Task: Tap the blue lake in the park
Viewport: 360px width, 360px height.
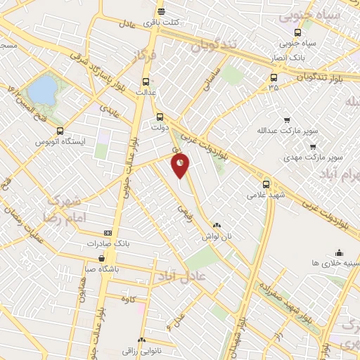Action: [41, 89]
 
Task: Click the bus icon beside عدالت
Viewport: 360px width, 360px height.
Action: [146, 81]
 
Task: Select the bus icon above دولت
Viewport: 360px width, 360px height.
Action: [160, 117]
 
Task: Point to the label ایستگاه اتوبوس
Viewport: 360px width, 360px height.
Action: [60, 141]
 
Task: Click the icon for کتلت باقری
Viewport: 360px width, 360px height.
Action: [161, 12]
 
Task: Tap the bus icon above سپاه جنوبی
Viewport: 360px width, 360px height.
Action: [297, 32]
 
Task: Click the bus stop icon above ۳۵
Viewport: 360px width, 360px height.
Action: [274, 77]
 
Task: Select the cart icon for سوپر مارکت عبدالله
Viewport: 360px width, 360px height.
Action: [286, 120]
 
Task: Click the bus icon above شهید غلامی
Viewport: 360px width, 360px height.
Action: [266, 182]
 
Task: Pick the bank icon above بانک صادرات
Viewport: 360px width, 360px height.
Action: [108, 233]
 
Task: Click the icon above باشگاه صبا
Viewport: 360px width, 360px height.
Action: [103, 258]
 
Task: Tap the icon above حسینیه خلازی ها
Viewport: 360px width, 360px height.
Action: [339, 252]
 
